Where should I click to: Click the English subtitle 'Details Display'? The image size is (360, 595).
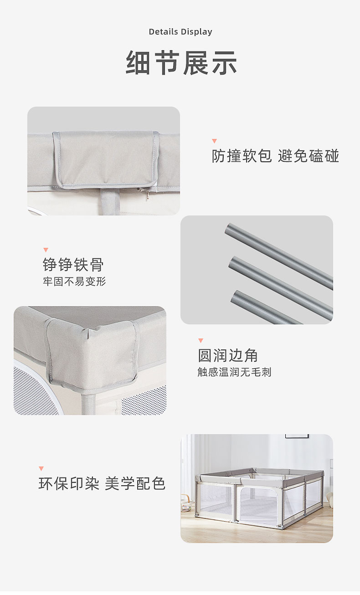click(x=180, y=32)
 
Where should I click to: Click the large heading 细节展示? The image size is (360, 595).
click(x=181, y=63)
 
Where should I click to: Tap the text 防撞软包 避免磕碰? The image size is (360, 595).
click(x=275, y=156)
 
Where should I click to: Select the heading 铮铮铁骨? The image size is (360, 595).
click(x=73, y=265)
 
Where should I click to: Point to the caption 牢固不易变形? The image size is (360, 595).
click(x=74, y=282)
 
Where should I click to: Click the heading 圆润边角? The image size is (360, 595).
click(x=228, y=355)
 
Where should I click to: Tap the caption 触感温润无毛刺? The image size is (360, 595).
click(x=234, y=372)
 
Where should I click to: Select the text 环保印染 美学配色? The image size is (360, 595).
click(x=102, y=483)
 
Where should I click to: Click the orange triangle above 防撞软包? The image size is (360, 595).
click(x=215, y=141)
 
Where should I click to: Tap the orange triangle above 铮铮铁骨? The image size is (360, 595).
click(x=46, y=250)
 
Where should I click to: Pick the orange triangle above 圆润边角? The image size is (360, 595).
click(x=201, y=340)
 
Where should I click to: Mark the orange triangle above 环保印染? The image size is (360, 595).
click(x=41, y=468)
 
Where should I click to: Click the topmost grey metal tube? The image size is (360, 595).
click(x=279, y=256)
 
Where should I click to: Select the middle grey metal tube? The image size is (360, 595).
click(x=281, y=288)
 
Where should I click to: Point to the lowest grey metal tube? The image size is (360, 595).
click(x=267, y=308)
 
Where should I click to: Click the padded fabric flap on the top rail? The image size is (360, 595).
click(x=106, y=159)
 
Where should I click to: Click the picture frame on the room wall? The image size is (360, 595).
click(x=297, y=436)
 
